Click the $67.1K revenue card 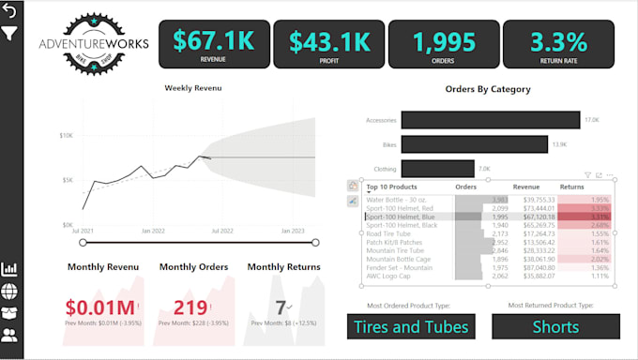212,44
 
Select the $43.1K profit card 327,44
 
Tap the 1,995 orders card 443,44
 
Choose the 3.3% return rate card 558,44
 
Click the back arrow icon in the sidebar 10,11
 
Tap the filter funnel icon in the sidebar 10,34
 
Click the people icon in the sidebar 10,333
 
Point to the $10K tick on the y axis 67,135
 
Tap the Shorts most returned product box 555,326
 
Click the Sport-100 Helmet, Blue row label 402,217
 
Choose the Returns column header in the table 571,187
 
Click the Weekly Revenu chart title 193,88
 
